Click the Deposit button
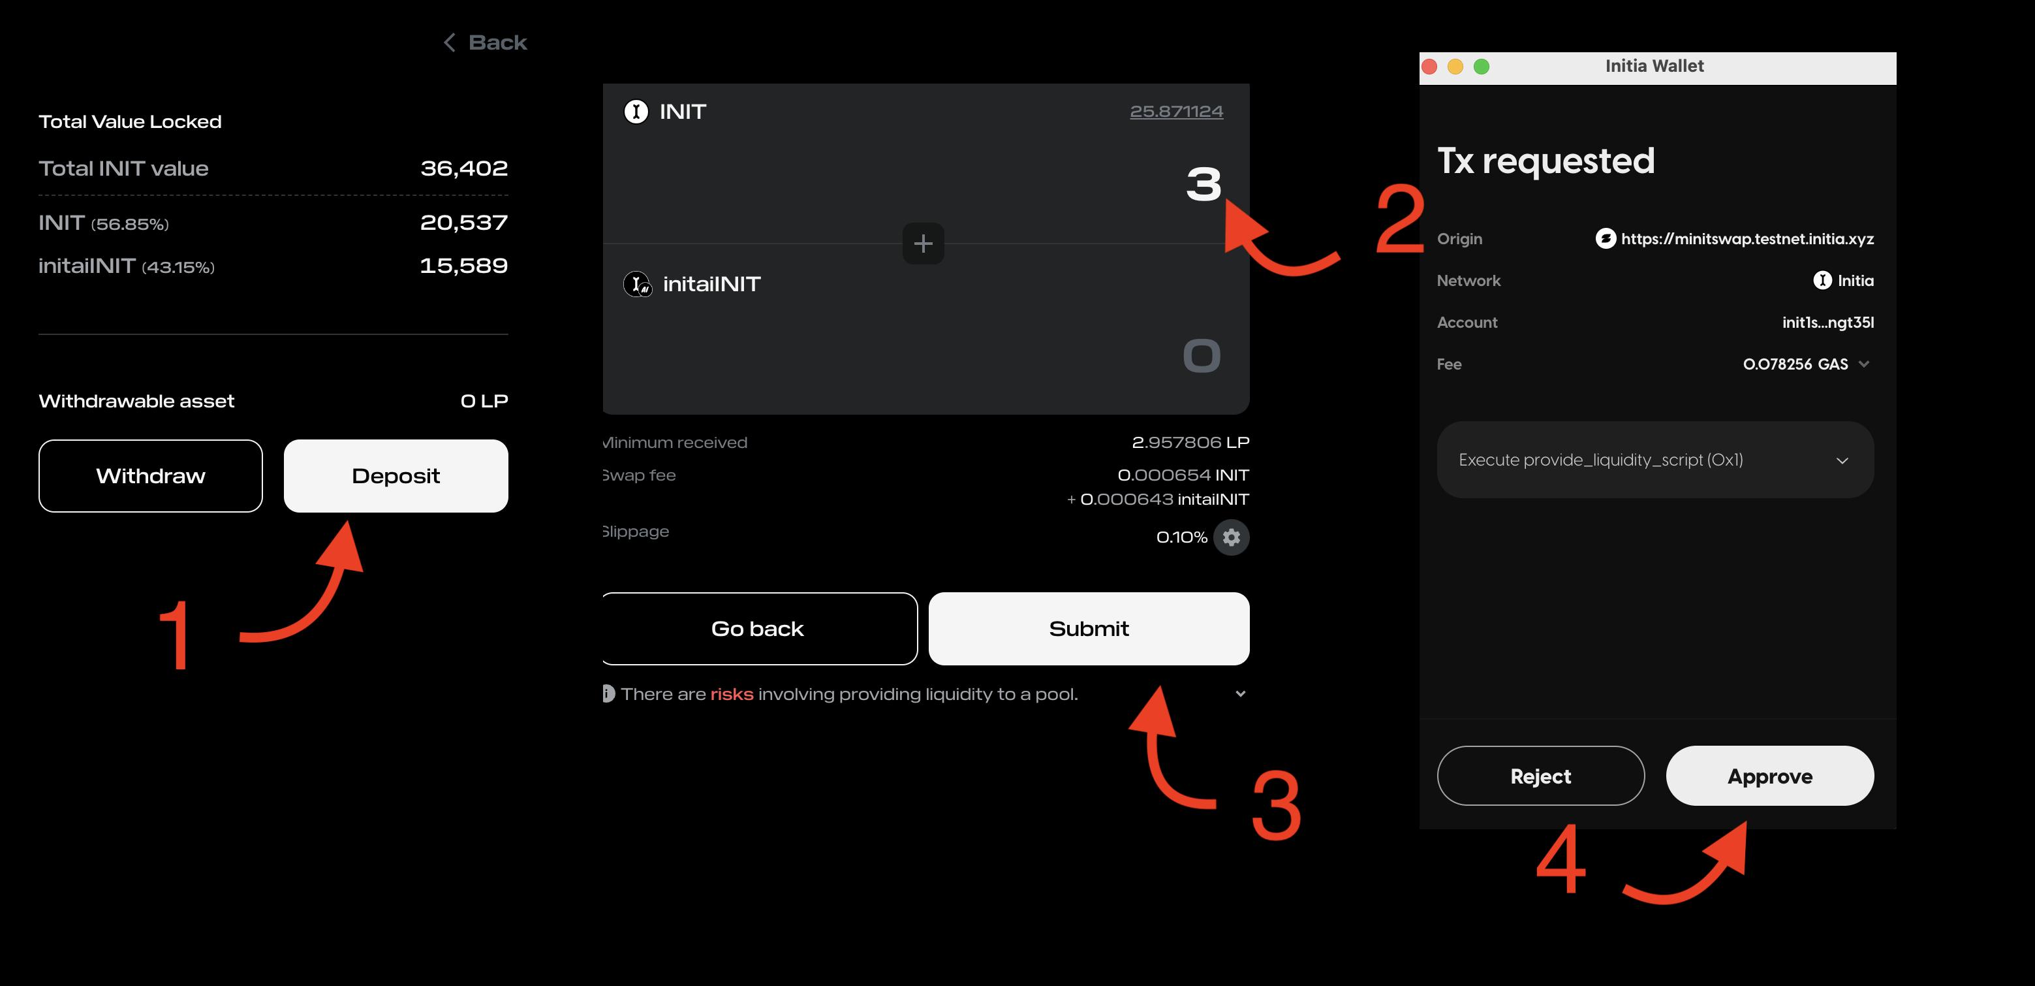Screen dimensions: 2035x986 coord(396,475)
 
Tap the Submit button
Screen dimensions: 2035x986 coord(1089,629)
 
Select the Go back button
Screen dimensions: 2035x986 coord(758,629)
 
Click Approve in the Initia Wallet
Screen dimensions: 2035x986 coord(1769,776)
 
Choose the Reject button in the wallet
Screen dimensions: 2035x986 coord(1540,776)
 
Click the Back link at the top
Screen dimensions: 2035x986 coord(485,42)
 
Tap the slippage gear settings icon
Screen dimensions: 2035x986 coord(1231,537)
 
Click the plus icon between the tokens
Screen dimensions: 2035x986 coord(923,244)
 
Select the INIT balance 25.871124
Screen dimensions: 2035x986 coord(1176,112)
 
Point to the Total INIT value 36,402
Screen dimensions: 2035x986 coord(464,168)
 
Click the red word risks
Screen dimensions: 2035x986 coord(732,693)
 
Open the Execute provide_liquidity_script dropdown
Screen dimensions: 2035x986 coord(1655,460)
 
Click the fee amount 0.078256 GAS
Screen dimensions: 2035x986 coord(1795,364)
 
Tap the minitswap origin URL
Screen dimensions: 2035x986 coord(1747,238)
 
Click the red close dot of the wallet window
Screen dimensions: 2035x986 coord(1429,67)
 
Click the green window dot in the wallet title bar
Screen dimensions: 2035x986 coord(1482,67)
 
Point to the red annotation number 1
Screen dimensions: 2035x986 coord(176,635)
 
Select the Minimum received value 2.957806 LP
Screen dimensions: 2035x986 coord(1190,443)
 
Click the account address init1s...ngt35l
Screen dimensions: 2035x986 coord(1827,323)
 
